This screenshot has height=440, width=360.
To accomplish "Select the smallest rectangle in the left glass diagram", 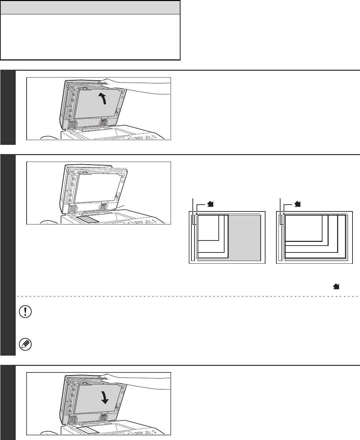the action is pos(208,227).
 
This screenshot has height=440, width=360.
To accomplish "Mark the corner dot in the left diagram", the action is pos(197,214).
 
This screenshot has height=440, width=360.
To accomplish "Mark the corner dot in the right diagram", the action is pos(284,214).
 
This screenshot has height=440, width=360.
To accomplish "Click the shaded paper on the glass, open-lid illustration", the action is pos(88,219).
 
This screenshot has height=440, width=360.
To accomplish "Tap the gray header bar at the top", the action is pos(90,7).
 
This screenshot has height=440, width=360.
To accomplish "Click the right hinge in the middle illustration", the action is pos(102,208).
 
